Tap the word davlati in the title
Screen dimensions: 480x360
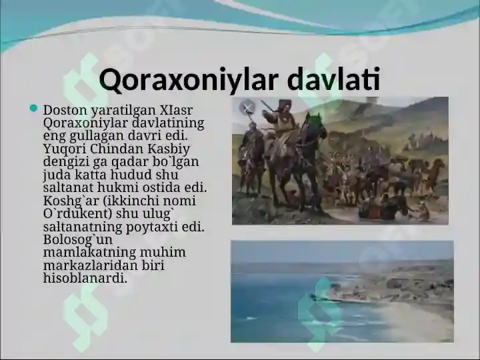334,79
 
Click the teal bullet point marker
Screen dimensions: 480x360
34,108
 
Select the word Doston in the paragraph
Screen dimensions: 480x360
61,109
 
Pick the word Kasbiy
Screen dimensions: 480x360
169,149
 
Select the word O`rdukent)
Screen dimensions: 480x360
77,214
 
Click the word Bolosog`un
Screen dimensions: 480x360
78,240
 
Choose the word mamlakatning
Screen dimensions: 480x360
89,253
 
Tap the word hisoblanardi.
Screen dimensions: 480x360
85,278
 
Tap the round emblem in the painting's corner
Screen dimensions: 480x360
247,107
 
